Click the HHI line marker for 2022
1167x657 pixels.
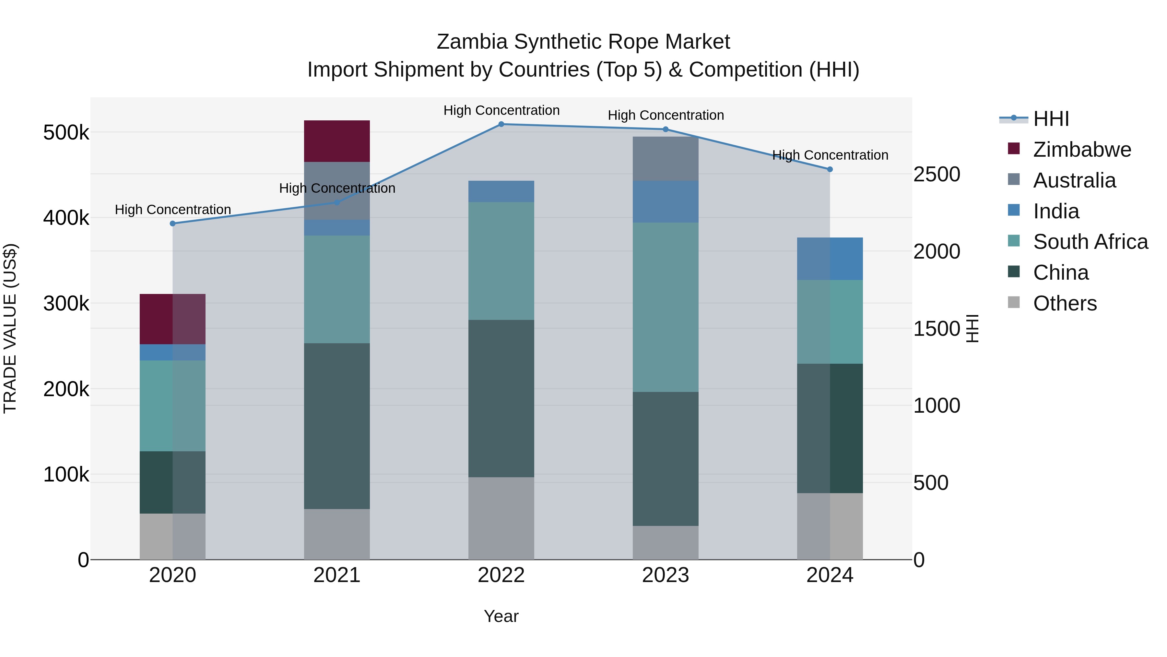click(501, 124)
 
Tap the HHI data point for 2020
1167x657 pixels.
click(172, 224)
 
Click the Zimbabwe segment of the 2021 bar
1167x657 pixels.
click(336, 141)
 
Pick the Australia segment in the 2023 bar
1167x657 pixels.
click(666, 159)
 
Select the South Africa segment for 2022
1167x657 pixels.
click(501, 261)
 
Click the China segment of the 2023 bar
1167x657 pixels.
click(666, 458)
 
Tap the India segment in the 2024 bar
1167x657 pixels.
click(830, 259)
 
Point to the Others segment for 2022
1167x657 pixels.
click(501, 518)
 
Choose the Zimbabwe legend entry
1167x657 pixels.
click(1082, 150)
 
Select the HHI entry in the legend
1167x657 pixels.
click(1051, 119)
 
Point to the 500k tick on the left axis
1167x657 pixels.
click(66, 133)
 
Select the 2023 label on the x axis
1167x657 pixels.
click(666, 575)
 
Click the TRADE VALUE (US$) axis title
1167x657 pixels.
click(10, 329)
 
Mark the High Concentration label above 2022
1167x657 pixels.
click(501, 110)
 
